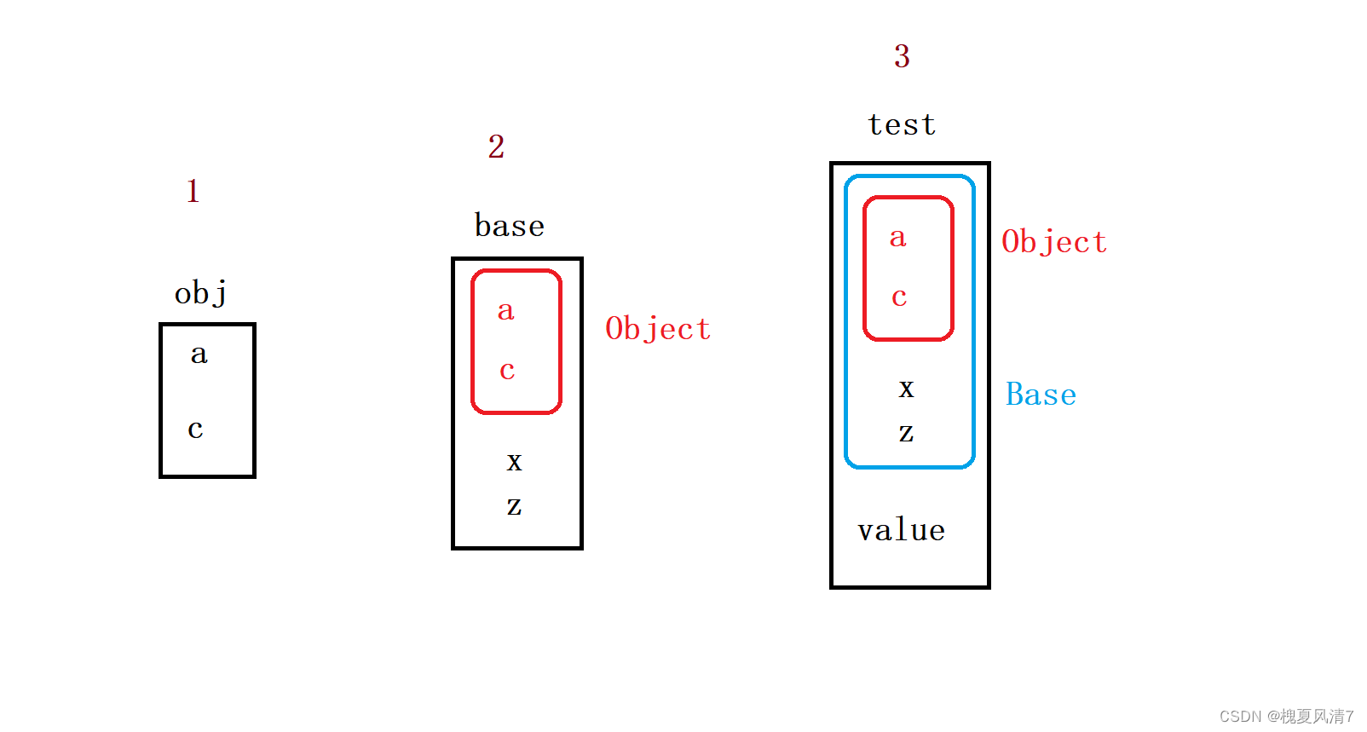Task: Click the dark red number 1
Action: [x=193, y=191]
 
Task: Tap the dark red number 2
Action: [x=496, y=147]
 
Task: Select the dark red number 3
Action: [x=902, y=56]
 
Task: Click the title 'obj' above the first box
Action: [x=201, y=293]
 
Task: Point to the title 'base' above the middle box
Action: [x=510, y=225]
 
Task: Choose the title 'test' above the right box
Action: [x=902, y=125]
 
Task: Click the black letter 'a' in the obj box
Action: [x=199, y=354]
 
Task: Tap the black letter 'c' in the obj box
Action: [x=195, y=429]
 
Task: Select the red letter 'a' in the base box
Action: [x=506, y=310]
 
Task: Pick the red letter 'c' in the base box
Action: [x=507, y=371]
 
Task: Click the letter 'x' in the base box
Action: [x=515, y=462]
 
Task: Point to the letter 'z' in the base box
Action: [x=514, y=505]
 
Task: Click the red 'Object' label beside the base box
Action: [x=658, y=330]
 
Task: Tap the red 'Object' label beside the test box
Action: [x=1054, y=242]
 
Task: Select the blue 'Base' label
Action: [x=1041, y=394]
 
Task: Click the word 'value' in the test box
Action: [x=902, y=529]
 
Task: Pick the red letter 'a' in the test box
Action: [x=897, y=237]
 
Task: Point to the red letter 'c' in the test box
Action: [x=899, y=297]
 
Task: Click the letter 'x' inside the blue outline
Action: [x=906, y=389]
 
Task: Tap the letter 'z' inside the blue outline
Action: [x=906, y=433]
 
